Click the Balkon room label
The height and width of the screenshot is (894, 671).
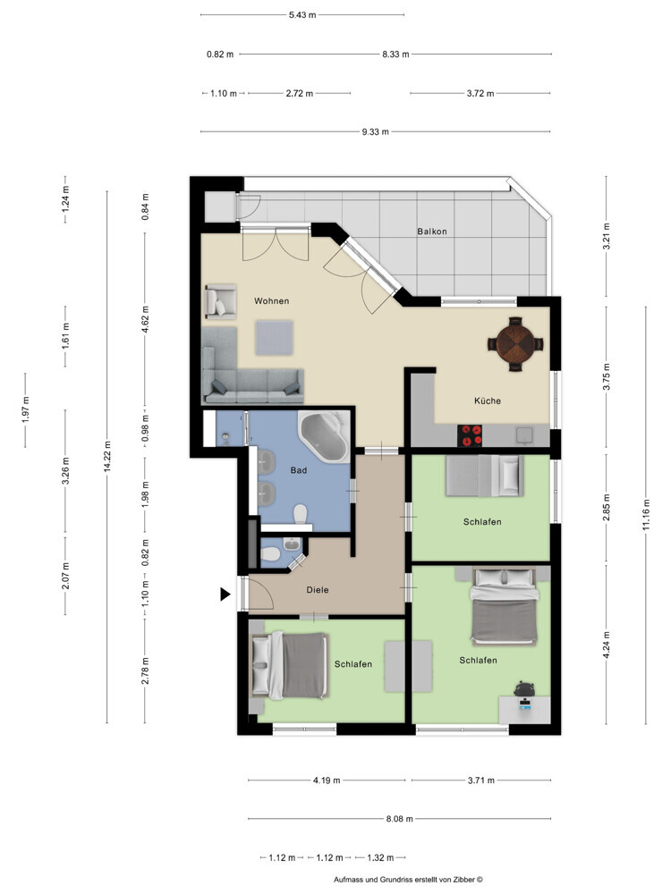point(431,232)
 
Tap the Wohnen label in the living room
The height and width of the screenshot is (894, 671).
point(271,301)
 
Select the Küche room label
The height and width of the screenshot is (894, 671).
point(488,401)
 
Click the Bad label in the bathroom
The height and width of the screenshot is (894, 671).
point(299,469)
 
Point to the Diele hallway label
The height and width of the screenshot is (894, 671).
point(319,589)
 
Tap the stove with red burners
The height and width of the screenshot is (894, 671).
point(471,435)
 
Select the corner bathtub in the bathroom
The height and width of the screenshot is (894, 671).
point(324,437)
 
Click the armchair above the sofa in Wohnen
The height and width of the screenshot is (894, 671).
point(220,301)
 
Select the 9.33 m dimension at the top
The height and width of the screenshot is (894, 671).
point(376,131)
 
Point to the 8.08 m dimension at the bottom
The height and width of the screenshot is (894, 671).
point(398,818)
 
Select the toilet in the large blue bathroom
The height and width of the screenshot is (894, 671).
point(302,513)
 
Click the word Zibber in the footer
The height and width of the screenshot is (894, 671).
point(458,880)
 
